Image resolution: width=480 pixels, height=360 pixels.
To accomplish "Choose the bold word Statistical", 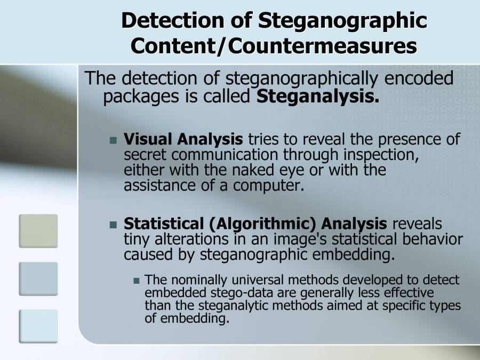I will pyautogui.click(x=164, y=223).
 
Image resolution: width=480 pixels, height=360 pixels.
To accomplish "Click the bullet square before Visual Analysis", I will pyautogui.click(x=113, y=141).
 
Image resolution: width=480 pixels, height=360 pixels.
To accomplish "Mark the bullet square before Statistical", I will pyautogui.click(x=113, y=225).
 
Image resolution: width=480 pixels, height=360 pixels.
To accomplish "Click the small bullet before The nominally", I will pyautogui.click(x=137, y=281).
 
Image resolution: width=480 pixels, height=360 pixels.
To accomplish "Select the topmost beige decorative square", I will pyautogui.click(x=38, y=230).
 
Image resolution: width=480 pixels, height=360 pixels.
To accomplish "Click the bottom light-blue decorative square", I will pyautogui.click(x=38, y=325).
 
